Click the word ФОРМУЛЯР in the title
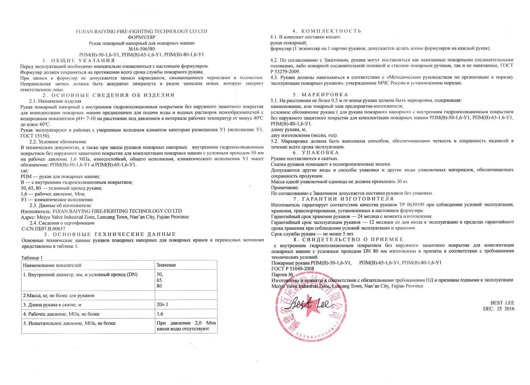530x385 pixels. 141,37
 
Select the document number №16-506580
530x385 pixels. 141,49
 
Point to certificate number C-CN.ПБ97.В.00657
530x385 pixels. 43,229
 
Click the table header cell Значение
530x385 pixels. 166,265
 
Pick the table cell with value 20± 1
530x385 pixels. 162,304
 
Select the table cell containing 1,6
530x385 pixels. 160,314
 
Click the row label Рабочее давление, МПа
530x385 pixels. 61,314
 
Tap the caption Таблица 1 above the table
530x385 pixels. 32,258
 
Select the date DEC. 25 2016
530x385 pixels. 499,309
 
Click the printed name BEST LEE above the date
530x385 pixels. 502,303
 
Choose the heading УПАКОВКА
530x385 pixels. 320,153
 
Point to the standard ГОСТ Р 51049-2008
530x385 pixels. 293,269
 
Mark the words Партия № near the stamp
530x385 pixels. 282,275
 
